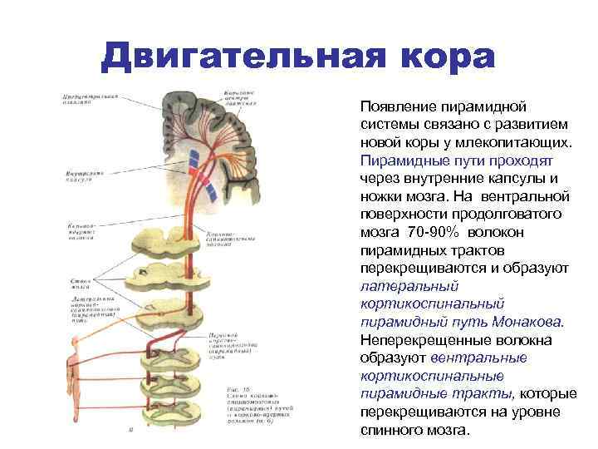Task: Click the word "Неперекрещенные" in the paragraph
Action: (415, 340)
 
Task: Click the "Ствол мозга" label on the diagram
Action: (81, 285)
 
